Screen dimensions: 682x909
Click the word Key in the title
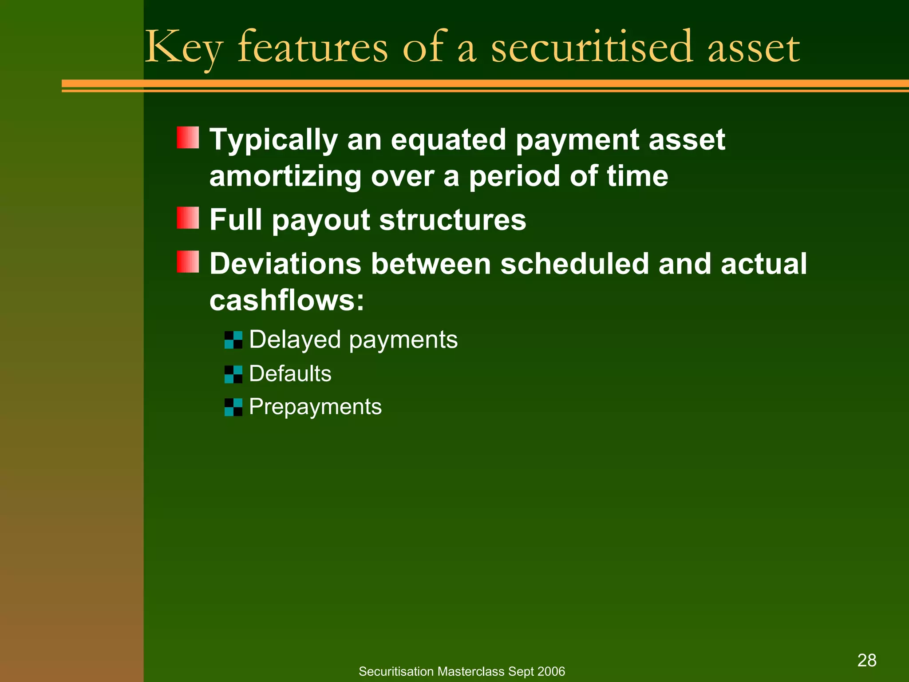(x=183, y=48)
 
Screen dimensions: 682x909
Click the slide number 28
(x=866, y=660)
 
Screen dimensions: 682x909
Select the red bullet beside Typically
(x=188, y=138)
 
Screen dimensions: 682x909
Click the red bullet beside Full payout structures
(x=188, y=218)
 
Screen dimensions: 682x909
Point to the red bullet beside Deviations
(x=188, y=262)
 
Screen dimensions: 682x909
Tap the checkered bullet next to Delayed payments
(x=233, y=340)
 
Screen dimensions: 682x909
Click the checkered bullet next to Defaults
(x=233, y=374)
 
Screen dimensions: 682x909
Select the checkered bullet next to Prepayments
(x=233, y=407)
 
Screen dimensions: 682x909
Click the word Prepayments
(x=315, y=407)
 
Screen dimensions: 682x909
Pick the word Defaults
(x=290, y=373)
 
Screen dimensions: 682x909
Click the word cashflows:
(x=287, y=300)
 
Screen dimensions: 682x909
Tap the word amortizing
(x=285, y=176)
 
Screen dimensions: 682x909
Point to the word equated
(x=448, y=140)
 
